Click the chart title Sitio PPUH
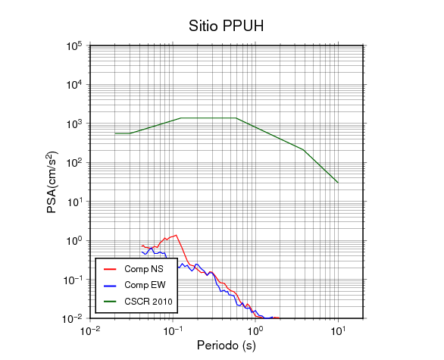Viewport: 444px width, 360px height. click(227, 26)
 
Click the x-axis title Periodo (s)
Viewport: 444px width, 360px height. click(227, 346)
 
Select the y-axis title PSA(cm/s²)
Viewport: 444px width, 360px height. click(52, 182)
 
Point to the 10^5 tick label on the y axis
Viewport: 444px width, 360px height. click(74, 46)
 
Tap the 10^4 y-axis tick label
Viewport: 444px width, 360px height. click(74, 85)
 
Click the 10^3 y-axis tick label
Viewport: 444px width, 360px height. click(74, 124)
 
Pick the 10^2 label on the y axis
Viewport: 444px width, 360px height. click(74, 163)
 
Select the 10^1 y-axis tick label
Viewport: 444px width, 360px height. click(74, 202)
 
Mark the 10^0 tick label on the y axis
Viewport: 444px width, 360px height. click(74, 241)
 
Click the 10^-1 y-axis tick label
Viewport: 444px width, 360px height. click(72, 280)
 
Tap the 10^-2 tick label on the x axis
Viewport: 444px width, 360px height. click(90, 331)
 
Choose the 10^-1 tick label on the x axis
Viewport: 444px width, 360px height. click(173, 331)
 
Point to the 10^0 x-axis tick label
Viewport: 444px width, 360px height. click(255, 331)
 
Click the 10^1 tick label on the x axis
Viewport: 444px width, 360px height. click(338, 331)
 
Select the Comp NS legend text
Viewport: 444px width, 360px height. click(144, 269)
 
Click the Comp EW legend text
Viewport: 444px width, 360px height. click(145, 285)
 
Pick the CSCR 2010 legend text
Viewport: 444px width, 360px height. click(149, 302)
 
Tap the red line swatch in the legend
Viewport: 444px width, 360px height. click(110, 269)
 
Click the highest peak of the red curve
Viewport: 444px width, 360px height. click(176, 235)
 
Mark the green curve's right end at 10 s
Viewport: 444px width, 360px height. click(338, 183)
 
